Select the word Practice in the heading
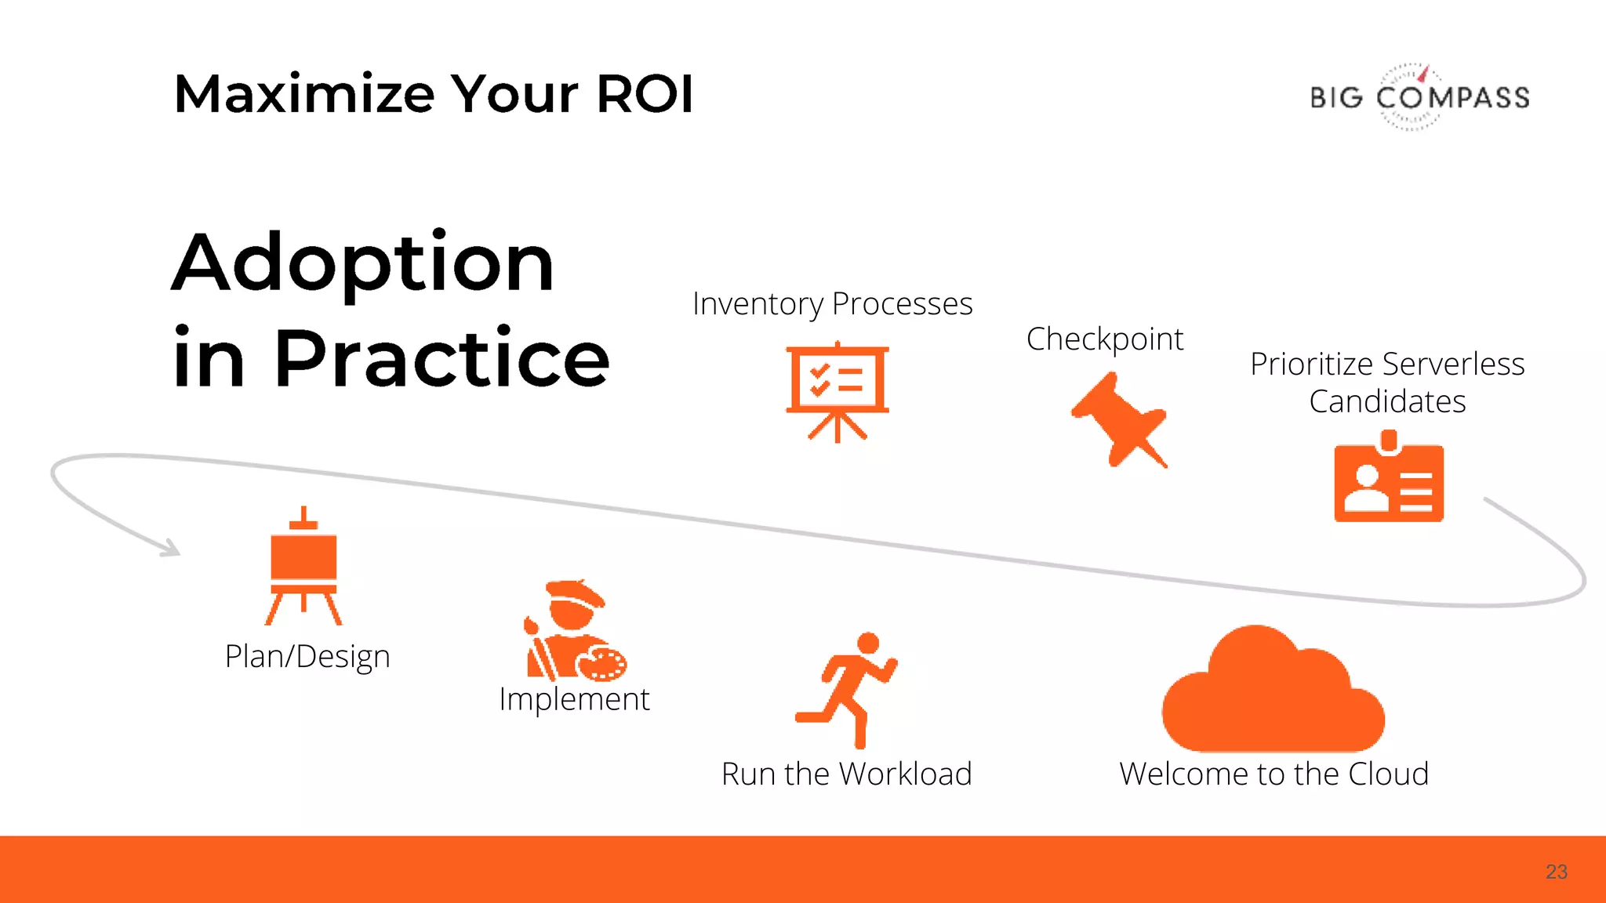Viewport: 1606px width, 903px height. click(441, 359)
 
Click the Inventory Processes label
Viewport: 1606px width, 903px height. click(832, 304)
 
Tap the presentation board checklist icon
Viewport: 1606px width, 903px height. click(838, 390)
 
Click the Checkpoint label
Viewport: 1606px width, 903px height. click(1104, 339)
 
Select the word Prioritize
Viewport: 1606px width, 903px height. click(1311, 364)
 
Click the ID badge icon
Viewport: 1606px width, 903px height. click(1389, 478)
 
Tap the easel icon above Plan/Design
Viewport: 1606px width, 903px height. click(303, 566)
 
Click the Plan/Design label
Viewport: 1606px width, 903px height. click(307, 657)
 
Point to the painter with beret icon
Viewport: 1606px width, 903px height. click(575, 630)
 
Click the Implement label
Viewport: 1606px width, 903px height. click(574, 699)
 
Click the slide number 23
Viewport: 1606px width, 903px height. click(1556, 872)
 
